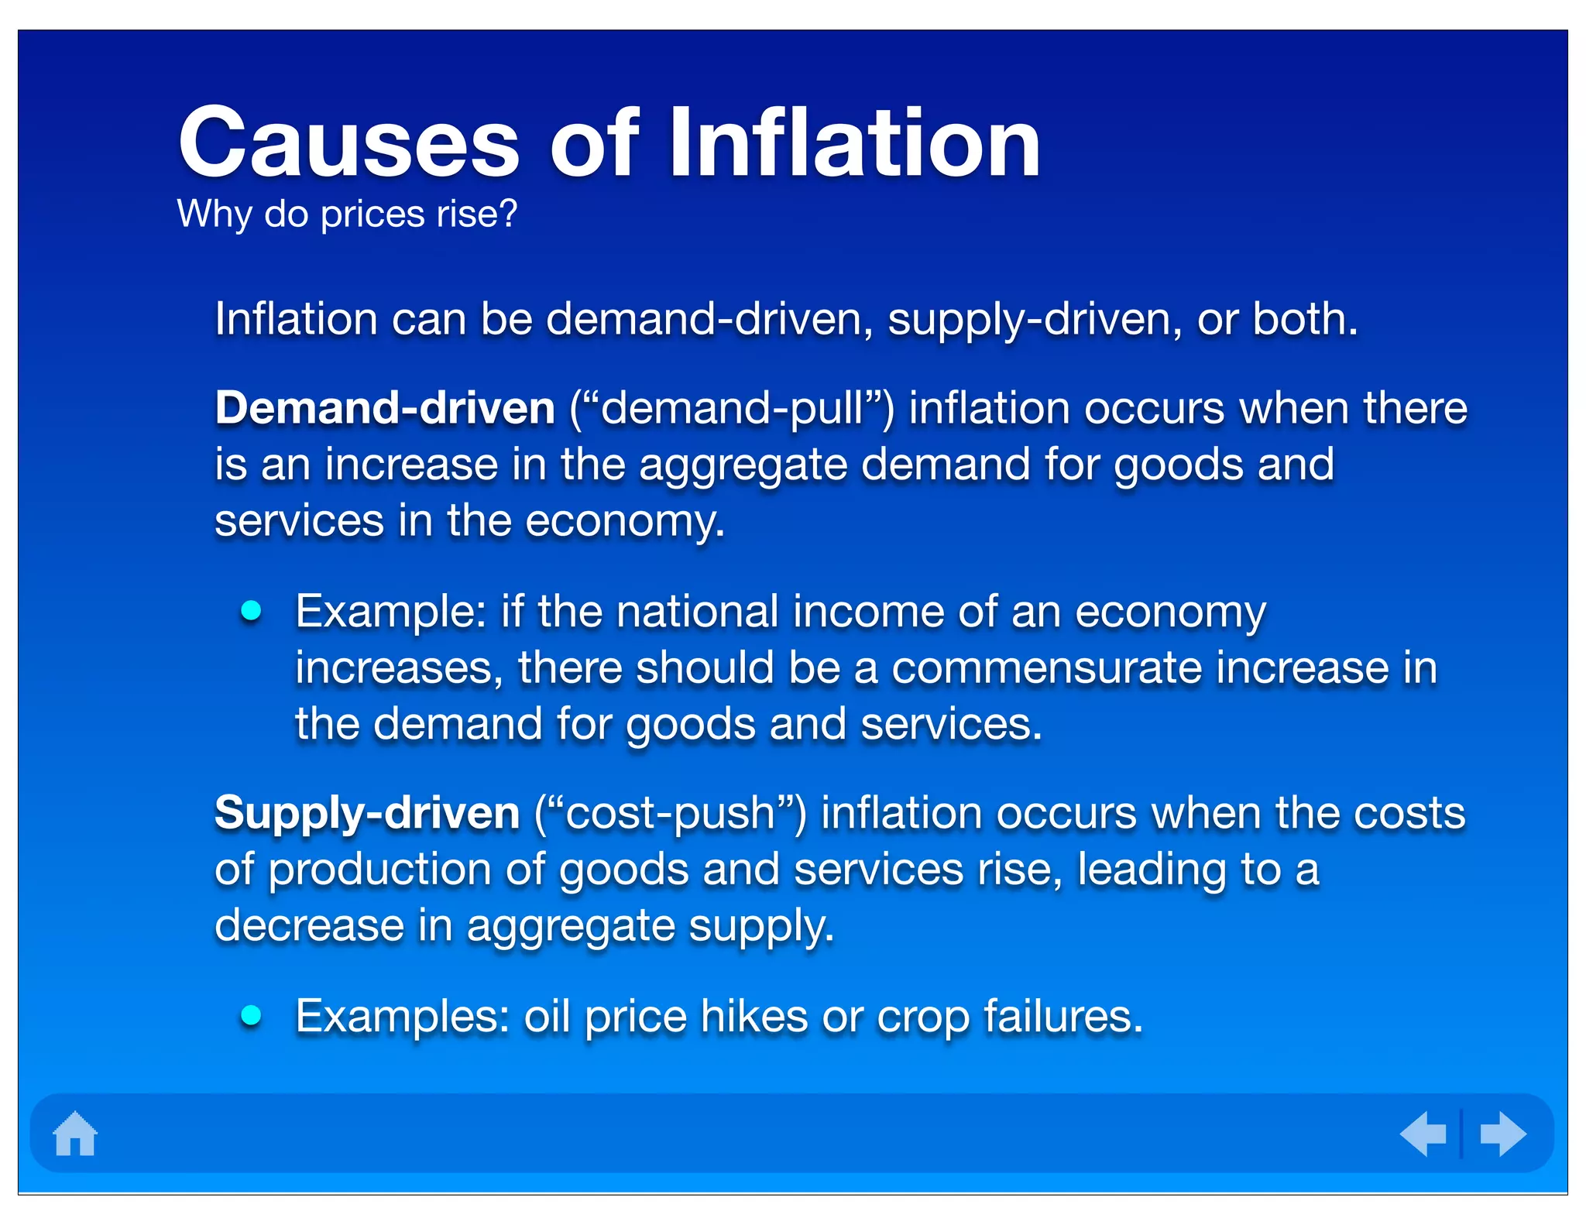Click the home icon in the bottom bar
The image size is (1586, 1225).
[75, 1134]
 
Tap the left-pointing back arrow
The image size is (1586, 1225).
[1423, 1134]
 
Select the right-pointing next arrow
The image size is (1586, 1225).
[1502, 1134]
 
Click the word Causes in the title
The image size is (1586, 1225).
[348, 144]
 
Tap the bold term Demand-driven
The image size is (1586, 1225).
[385, 408]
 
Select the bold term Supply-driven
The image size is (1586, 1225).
[367, 813]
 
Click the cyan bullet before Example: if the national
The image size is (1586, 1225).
[251, 611]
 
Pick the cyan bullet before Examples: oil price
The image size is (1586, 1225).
[251, 1015]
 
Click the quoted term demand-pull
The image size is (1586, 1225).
[732, 408]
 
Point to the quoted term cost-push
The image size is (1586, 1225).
[671, 813]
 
